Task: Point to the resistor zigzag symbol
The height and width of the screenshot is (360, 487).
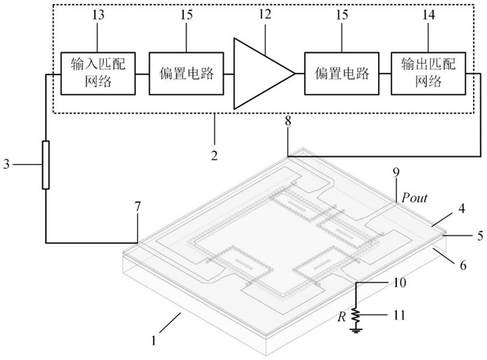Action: (x=356, y=316)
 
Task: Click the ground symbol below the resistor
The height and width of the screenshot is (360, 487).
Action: (x=356, y=331)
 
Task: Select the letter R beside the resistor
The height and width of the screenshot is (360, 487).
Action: (x=342, y=317)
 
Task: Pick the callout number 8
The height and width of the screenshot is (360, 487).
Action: (x=288, y=121)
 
